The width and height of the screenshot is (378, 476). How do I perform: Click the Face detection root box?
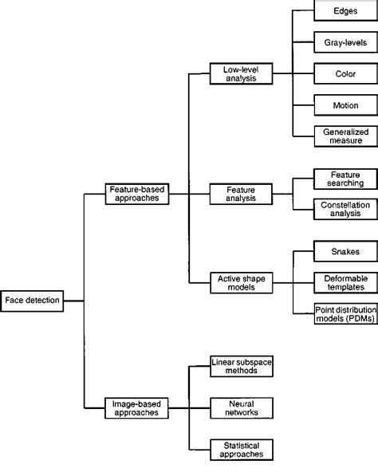point(30,301)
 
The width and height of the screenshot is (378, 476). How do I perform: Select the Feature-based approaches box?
point(137,194)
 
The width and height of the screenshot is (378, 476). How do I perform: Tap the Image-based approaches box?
point(137,408)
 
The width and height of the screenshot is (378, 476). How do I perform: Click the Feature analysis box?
point(240,194)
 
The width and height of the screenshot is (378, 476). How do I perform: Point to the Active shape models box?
point(240,282)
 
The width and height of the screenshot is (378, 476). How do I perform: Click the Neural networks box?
point(240,408)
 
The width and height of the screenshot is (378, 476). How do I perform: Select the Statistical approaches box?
point(240,448)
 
